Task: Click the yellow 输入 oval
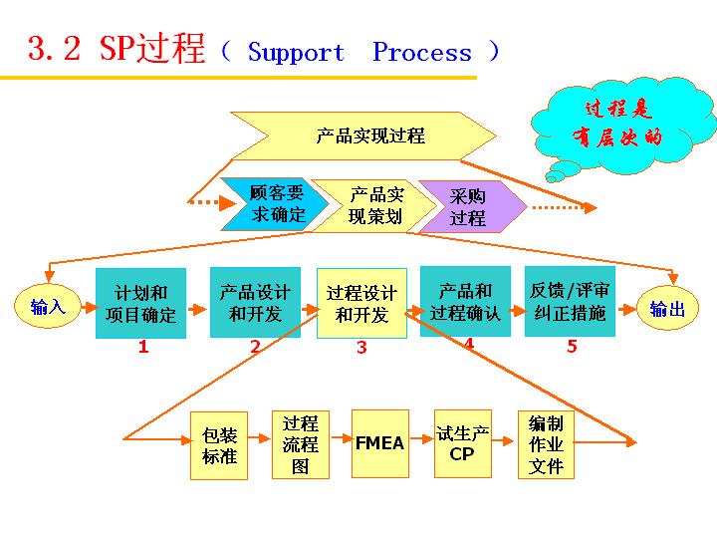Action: tap(47, 307)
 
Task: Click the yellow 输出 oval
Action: tap(667, 309)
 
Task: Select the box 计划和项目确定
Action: tap(140, 304)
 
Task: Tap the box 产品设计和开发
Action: tap(255, 302)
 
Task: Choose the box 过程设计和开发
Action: tap(361, 303)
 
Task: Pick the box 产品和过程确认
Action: tap(465, 301)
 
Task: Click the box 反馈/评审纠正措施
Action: tap(570, 301)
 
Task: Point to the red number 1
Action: tap(143, 348)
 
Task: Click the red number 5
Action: tap(572, 347)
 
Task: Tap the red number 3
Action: tap(361, 348)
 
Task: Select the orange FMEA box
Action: tap(379, 443)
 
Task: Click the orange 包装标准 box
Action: tap(219, 445)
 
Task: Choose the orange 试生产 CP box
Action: tap(463, 443)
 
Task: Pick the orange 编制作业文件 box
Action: tap(546, 444)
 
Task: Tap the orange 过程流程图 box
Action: tap(300, 444)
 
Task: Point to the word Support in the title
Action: tap(296, 52)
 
